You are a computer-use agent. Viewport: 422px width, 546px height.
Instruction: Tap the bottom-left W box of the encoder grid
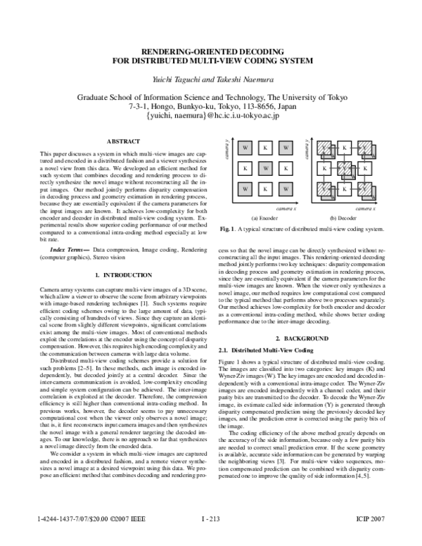(244, 189)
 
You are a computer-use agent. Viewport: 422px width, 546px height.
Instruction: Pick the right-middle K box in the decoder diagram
(365, 169)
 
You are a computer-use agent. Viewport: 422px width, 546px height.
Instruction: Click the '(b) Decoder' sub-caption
(343, 217)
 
